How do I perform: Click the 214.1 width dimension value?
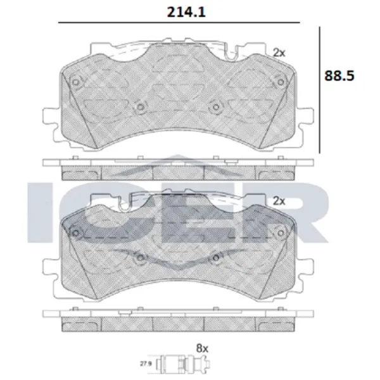coord(186,12)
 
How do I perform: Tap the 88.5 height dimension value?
coord(339,75)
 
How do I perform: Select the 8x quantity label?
coord(202,348)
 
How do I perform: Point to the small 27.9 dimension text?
coord(146,364)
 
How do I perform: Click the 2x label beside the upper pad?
coord(279,53)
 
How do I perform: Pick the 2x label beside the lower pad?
coord(279,201)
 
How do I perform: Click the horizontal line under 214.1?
coord(179,23)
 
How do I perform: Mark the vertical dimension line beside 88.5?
coord(319,90)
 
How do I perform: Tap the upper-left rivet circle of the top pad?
coord(76,82)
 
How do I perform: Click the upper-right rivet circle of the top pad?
coord(281,82)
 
